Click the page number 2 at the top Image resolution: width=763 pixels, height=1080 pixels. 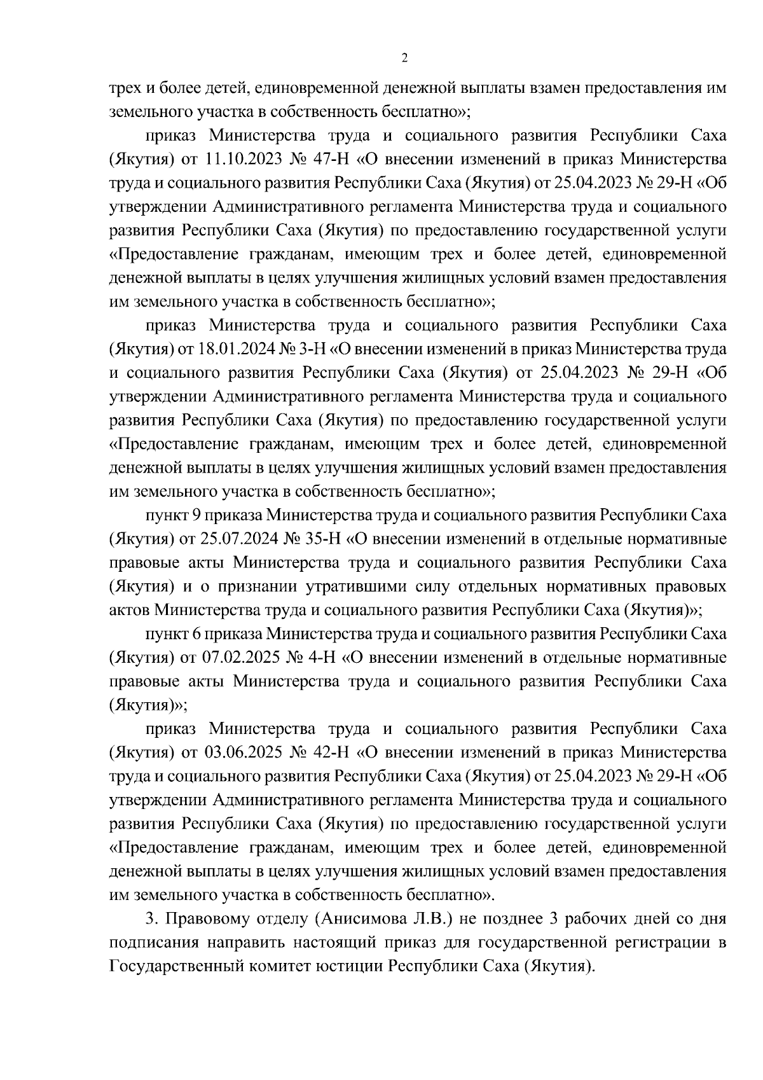404,59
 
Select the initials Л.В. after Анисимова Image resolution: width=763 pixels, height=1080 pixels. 434,919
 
